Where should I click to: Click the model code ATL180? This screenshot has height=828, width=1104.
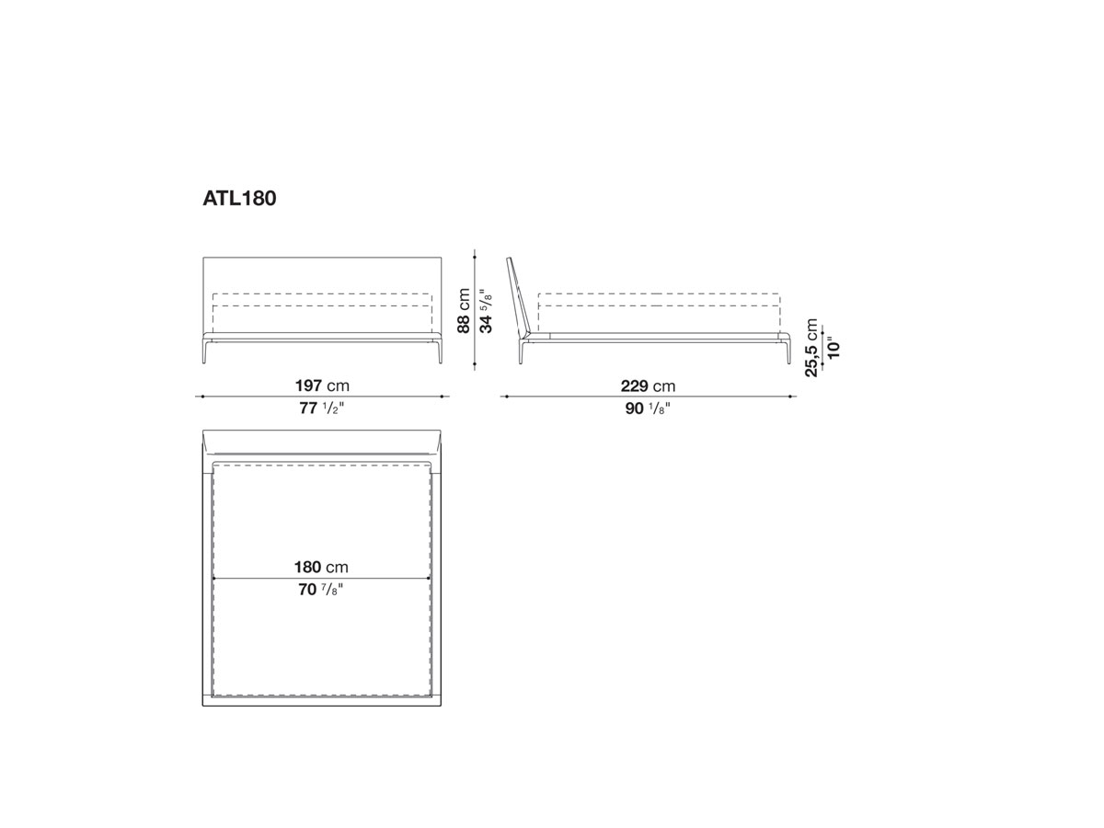[x=239, y=199]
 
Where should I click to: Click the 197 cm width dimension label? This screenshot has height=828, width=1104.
[x=322, y=385]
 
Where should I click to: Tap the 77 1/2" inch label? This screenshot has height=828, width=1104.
[x=322, y=408]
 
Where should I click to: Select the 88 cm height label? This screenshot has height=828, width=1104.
[x=464, y=311]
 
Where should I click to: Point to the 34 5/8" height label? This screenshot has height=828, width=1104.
[x=486, y=311]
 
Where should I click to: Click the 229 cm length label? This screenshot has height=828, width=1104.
[x=648, y=386]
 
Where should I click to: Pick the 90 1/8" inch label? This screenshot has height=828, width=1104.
[x=648, y=408]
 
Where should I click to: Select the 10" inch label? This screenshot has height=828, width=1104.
[x=834, y=347]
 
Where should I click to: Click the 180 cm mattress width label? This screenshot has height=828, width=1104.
[x=321, y=567]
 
